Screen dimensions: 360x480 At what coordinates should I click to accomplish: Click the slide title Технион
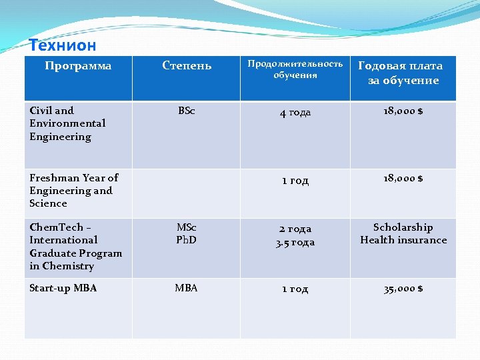pyautogui.click(x=63, y=46)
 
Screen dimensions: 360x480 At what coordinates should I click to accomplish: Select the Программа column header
pyautogui.click(x=78, y=66)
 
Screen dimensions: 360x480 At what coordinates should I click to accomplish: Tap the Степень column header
pyautogui.click(x=187, y=65)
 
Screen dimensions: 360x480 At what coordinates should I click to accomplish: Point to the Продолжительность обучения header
pyautogui.click(x=295, y=69)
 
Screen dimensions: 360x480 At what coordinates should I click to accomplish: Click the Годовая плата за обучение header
pyautogui.click(x=401, y=73)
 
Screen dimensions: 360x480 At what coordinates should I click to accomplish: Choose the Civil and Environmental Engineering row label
pyautogui.click(x=67, y=123)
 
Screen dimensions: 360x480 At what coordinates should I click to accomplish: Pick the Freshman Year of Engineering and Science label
pyautogui.click(x=73, y=191)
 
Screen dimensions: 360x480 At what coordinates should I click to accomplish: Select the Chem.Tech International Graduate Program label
pyautogui.click(x=75, y=247)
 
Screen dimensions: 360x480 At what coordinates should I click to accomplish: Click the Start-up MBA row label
pyautogui.click(x=63, y=288)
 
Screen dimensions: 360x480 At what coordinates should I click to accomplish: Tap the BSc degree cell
pyautogui.click(x=187, y=111)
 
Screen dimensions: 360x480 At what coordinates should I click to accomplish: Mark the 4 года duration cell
pyautogui.click(x=295, y=112)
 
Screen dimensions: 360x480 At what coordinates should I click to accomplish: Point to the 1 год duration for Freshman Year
pyautogui.click(x=295, y=180)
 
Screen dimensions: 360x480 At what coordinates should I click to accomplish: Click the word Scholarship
pyautogui.click(x=403, y=227)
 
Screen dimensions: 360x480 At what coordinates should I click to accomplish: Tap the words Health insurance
pyautogui.click(x=403, y=240)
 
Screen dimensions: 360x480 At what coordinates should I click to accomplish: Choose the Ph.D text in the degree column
pyautogui.click(x=187, y=240)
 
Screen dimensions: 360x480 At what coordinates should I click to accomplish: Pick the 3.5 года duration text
pyautogui.click(x=295, y=242)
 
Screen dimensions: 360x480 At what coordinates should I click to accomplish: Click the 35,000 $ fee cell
pyautogui.click(x=403, y=289)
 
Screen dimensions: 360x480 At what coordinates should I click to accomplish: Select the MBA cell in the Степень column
pyautogui.click(x=187, y=288)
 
